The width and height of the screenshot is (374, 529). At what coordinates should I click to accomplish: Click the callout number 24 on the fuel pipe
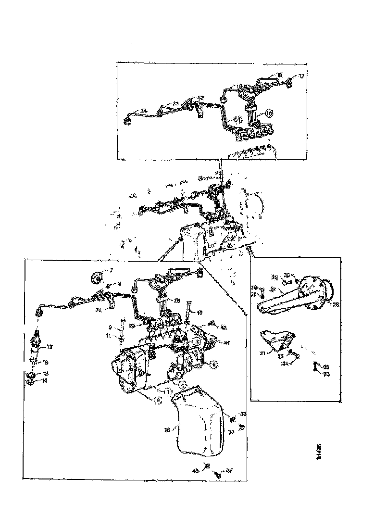(x=143, y=111)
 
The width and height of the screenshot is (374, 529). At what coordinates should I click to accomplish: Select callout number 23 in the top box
(x=176, y=103)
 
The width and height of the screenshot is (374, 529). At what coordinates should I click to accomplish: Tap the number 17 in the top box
(x=301, y=76)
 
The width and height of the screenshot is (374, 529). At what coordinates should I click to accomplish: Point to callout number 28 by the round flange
(x=335, y=304)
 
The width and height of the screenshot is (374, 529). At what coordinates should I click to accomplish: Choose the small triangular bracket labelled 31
(x=276, y=340)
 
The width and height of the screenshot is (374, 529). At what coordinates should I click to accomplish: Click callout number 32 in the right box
(x=325, y=373)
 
